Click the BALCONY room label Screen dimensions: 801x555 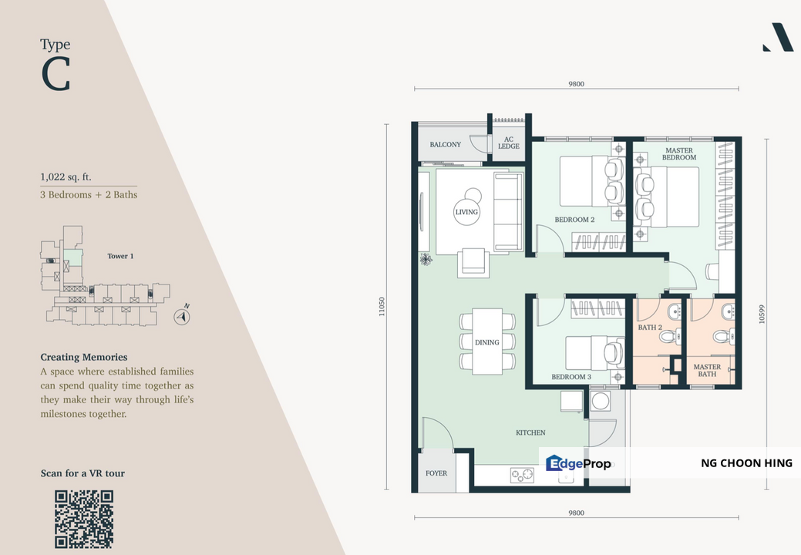pos(445,144)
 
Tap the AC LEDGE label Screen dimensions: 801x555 pos(509,143)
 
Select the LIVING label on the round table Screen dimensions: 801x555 pos(466,212)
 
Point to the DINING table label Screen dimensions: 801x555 pos(486,342)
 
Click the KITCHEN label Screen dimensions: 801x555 pos(530,432)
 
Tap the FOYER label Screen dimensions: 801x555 pos(436,473)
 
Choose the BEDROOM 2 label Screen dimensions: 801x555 pos(574,220)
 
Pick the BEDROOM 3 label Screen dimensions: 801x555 pos(571,377)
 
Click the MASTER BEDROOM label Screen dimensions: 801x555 pos(679,153)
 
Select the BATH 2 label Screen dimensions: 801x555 pos(650,328)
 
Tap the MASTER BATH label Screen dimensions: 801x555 pos(707,370)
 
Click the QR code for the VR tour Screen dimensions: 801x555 pos(84,520)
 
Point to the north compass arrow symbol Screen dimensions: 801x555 pos(182,317)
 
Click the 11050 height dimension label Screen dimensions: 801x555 pos(382,307)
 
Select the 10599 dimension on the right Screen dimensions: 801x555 pos(762,314)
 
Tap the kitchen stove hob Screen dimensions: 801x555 pos(522,476)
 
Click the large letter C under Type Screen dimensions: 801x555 pos(56,74)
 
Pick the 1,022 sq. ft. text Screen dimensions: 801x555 pos(66,177)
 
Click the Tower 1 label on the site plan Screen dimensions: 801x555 pos(120,257)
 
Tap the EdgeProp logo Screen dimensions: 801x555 pos(577,463)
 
